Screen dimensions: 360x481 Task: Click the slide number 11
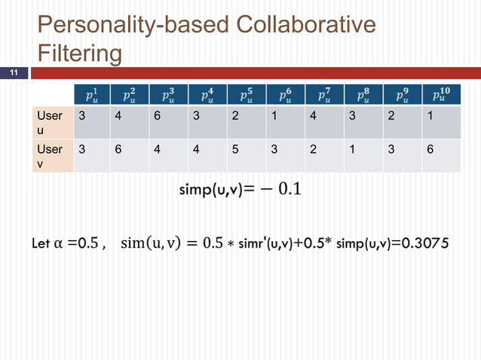13,73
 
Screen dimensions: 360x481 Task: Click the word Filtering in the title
80,54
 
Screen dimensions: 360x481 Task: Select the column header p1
90,96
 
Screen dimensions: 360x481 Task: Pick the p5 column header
247,96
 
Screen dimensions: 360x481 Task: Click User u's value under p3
156,117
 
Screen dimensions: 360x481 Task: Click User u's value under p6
274,117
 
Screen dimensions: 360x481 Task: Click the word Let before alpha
42,245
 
